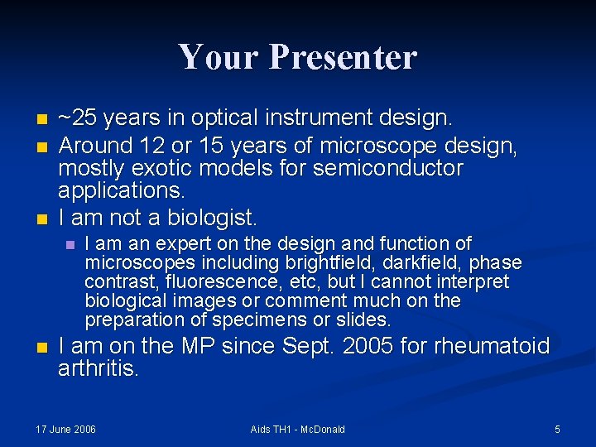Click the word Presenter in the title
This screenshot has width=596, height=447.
click(x=343, y=58)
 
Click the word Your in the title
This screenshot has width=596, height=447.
click(x=219, y=58)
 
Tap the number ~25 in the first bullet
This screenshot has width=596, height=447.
click(x=76, y=118)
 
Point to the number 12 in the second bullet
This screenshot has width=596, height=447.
click(x=151, y=146)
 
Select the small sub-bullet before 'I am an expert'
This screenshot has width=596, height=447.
click(x=70, y=245)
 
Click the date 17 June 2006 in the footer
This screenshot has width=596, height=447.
click(x=65, y=429)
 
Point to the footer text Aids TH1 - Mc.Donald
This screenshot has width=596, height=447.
click(x=297, y=429)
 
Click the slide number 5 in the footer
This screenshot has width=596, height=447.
click(x=557, y=429)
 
